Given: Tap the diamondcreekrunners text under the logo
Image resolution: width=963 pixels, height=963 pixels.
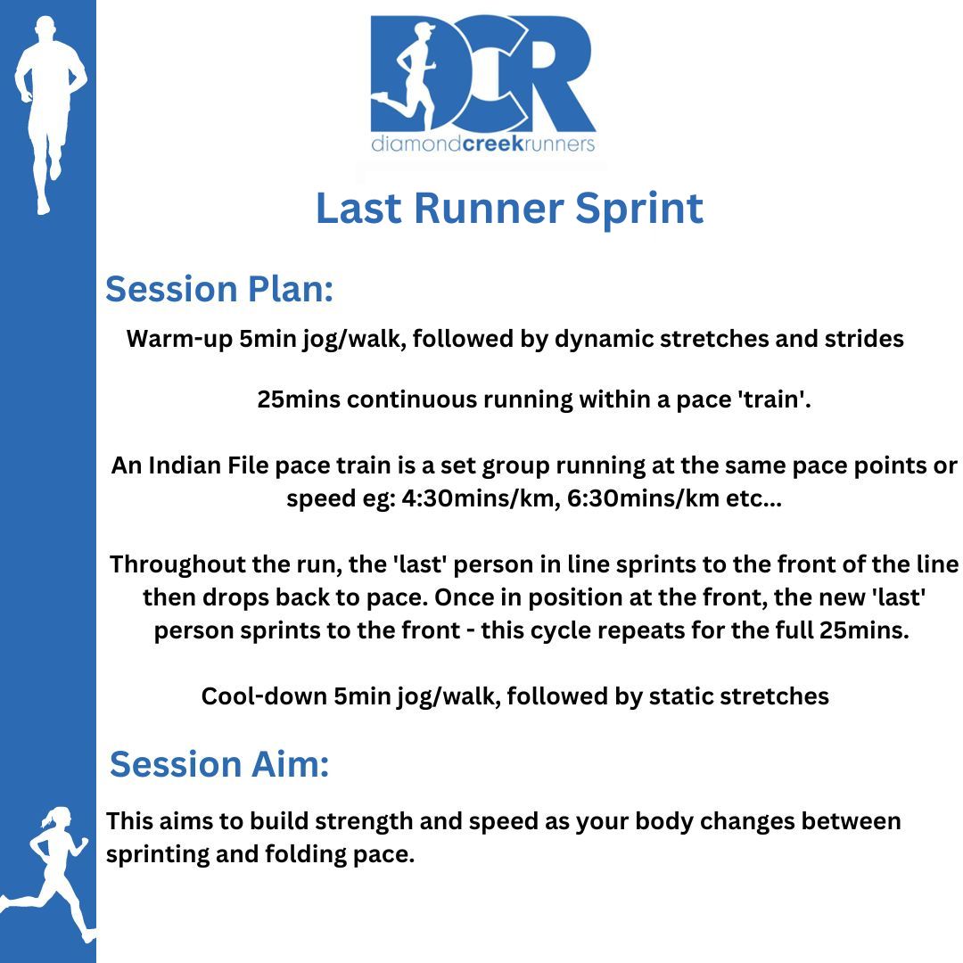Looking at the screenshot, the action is point(482,144).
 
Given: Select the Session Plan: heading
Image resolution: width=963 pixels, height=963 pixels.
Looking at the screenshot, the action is point(219,289).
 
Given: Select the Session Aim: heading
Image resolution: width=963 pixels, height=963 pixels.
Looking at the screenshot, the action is point(219,764).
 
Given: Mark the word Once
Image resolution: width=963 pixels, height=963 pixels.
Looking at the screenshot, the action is point(461,597).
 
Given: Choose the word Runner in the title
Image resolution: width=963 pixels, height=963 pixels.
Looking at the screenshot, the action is point(489,208).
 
